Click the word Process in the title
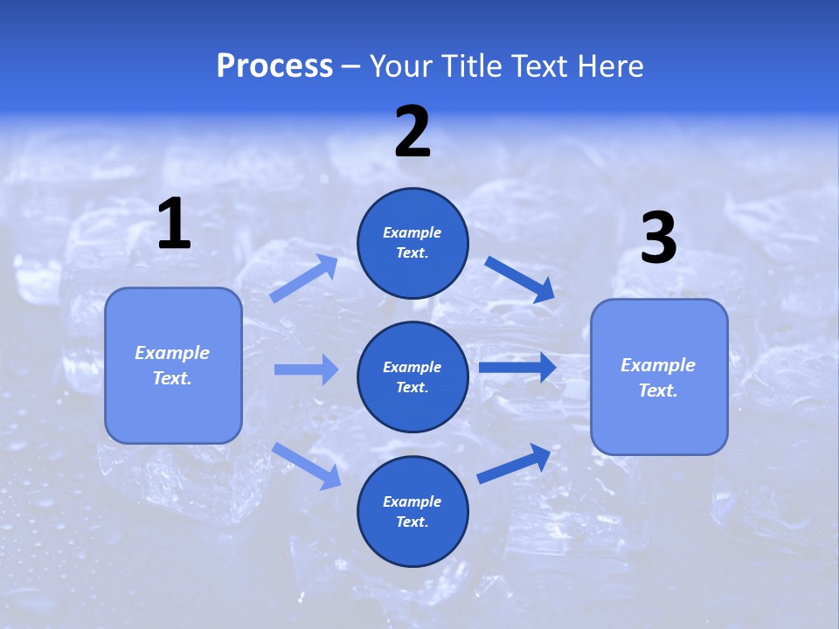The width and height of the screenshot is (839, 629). [274, 66]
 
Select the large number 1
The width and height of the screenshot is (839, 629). [174, 225]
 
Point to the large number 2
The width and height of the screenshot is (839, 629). [413, 132]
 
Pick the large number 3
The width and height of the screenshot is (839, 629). [658, 238]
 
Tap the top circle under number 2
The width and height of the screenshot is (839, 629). [413, 243]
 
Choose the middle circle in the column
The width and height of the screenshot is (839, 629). [413, 377]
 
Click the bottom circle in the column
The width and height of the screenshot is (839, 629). [413, 511]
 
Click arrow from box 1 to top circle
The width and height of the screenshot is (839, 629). [304, 278]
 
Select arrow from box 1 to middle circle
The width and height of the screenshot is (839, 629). [306, 370]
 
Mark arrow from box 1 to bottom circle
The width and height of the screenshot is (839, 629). [306, 465]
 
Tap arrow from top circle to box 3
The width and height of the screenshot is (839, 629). [520, 280]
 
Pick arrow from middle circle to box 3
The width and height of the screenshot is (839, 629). [517, 367]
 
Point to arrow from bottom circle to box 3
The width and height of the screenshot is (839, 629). [514, 463]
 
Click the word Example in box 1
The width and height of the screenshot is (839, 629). [172, 353]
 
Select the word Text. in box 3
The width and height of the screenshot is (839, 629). [658, 391]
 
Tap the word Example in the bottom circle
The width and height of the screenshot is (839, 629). [413, 501]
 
